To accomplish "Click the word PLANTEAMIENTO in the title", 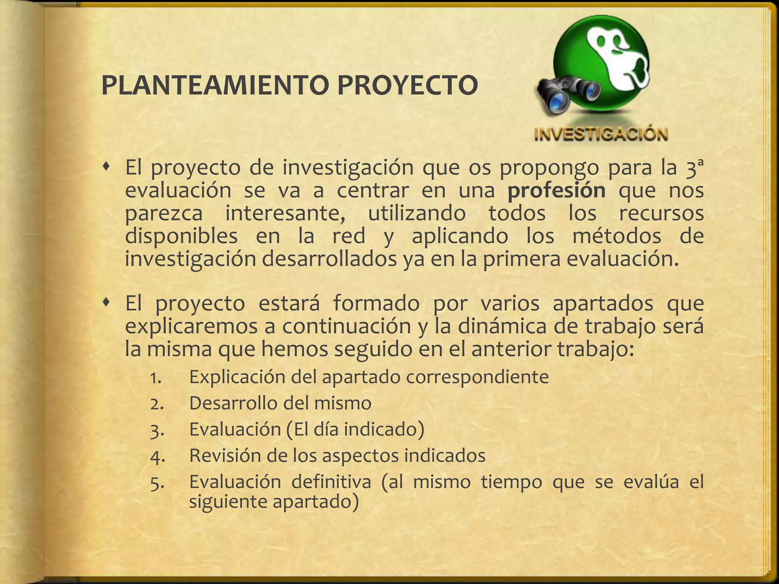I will (215, 86).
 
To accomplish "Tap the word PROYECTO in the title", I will (407, 86).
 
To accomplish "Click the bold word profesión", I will (556, 190).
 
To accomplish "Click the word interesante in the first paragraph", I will (285, 213).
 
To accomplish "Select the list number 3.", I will (157, 431).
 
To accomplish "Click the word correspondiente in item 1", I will (477, 378).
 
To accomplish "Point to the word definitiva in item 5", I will (331, 482).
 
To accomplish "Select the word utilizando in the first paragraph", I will (417, 213).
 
